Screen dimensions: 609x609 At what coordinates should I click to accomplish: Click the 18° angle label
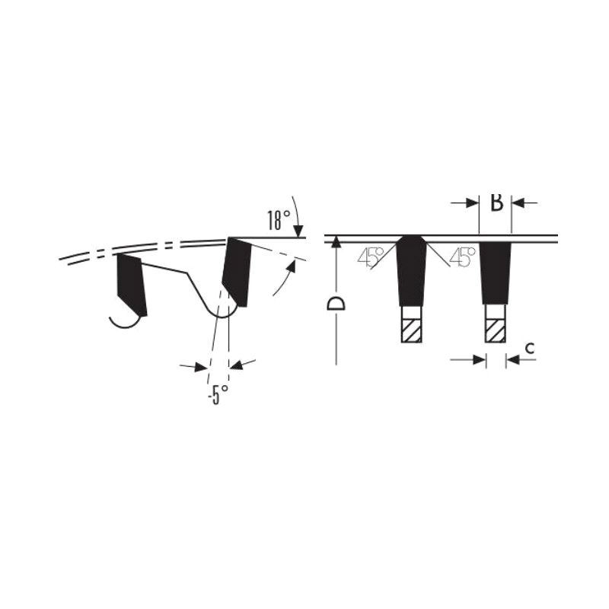[x=278, y=220]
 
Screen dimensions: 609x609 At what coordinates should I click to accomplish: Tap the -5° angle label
[x=218, y=394]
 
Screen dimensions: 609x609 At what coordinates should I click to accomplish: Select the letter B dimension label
[x=496, y=202]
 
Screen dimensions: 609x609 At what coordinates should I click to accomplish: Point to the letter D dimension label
[x=336, y=303]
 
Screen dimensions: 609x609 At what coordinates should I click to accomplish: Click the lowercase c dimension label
[x=530, y=348]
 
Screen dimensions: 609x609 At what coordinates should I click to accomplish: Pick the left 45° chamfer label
[x=370, y=257]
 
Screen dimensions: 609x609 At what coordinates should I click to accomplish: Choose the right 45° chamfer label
[x=462, y=257]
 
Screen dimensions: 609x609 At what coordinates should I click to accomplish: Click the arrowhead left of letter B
[x=472, y=202]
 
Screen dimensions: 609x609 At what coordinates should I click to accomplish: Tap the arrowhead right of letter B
[x=518, y=202]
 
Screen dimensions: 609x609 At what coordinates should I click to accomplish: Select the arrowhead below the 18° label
[x=298, y=231]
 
